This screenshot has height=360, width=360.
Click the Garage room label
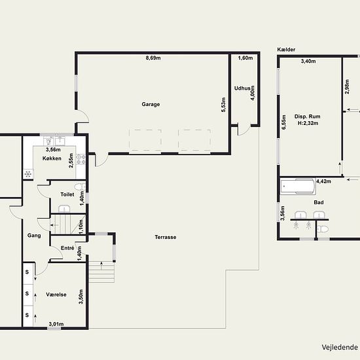coord(151,104)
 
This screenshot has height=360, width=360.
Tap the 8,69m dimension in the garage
coord(154,58)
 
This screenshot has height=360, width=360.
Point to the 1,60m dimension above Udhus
coord(245,58)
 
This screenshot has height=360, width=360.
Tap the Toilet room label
coord(67,194)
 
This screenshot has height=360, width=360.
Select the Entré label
coord(67,248)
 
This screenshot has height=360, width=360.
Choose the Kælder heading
coord(286,49)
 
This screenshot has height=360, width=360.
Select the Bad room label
coord(319,202)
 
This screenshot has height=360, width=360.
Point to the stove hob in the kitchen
coord(81,158)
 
